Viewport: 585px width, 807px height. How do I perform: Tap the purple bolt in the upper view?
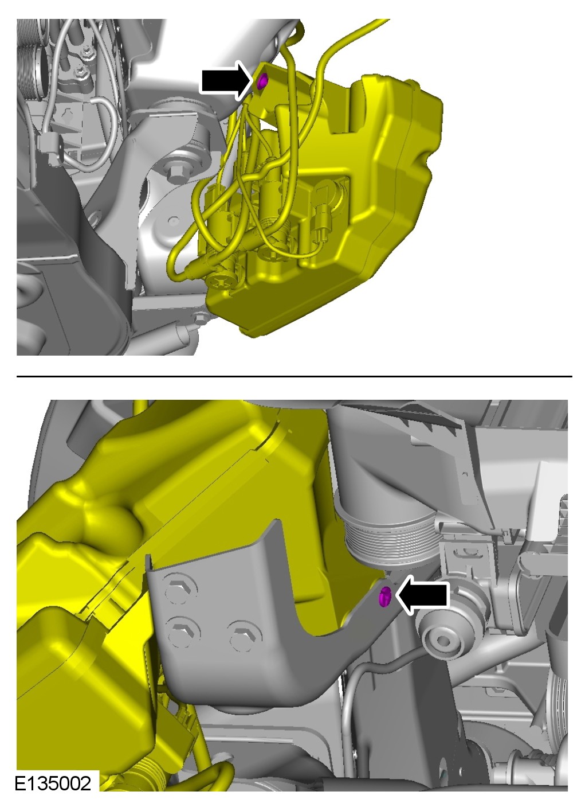(262, 81)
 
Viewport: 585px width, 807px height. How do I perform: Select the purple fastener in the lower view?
(385, 597)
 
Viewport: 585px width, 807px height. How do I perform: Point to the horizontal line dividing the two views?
(295, 376)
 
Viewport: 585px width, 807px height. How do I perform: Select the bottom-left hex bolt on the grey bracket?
(184, 635)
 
